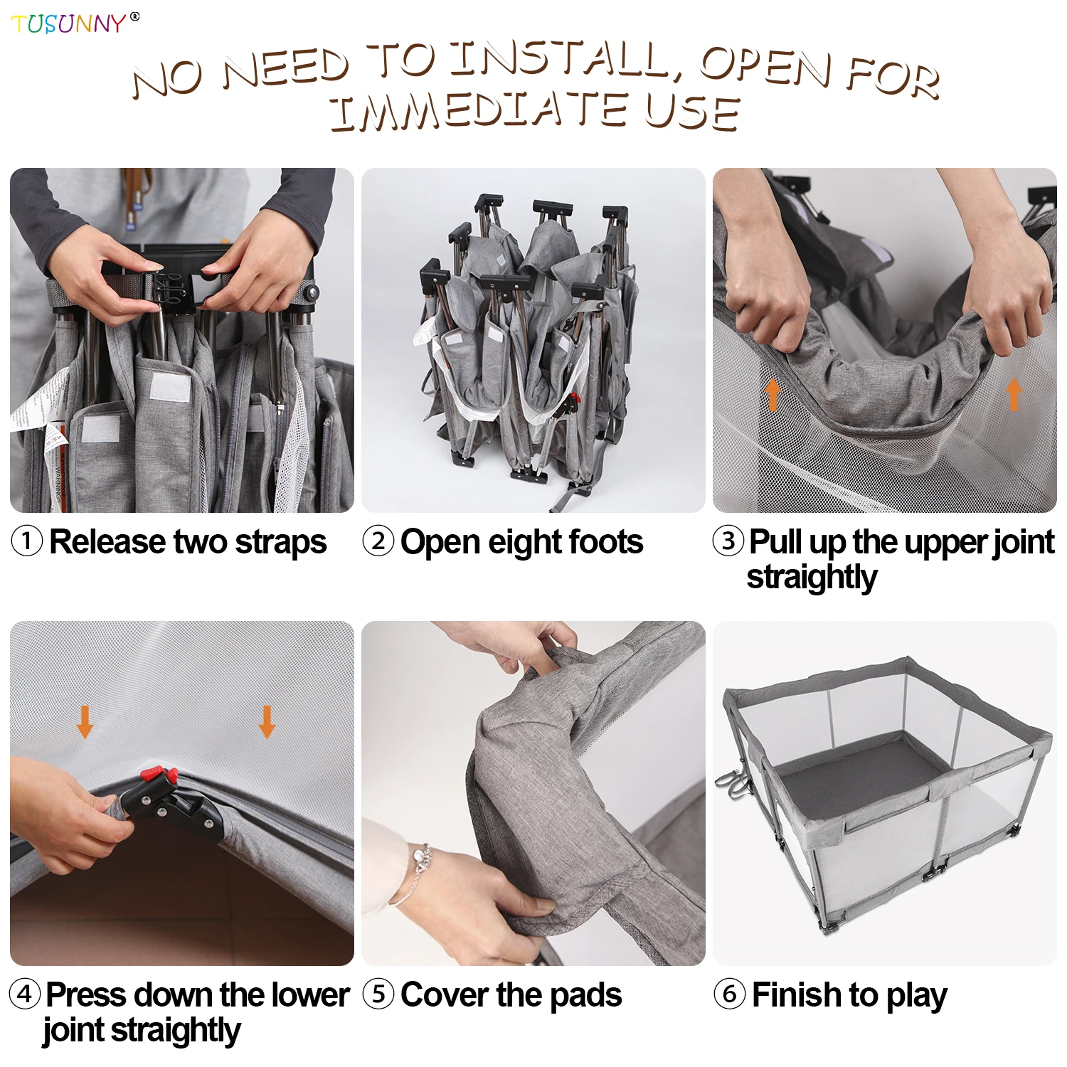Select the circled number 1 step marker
[27, 541]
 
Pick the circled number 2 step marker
[378, 541]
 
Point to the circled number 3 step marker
[728, 541]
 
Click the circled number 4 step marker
[25, 994]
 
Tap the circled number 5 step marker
[378, 994]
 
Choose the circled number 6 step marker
[729, 994]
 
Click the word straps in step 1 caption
[281, 543]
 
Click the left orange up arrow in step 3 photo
[773, 394]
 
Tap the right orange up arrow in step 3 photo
[1014, 394]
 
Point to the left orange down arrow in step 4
[85, 721]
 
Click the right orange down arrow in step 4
[267, 721]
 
